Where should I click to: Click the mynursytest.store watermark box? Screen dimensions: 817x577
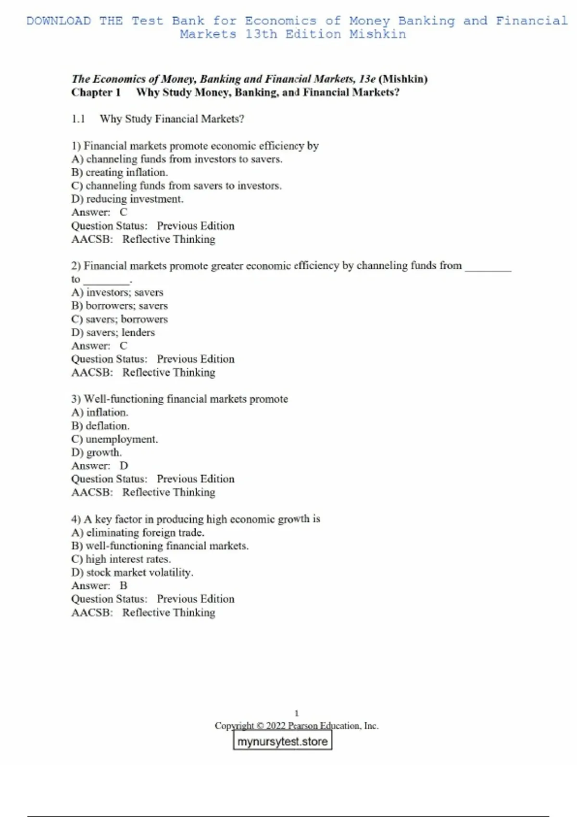pos(282,741)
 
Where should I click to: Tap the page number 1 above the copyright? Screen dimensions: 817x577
pos(296,713)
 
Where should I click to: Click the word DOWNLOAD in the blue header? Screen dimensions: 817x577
pos(59,21)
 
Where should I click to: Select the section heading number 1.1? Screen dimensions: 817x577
pos(78,119)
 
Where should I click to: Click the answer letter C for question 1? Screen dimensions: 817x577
pos(124,212)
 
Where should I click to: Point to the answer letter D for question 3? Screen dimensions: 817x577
pos(124,465)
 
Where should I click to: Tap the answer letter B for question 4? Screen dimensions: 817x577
pos(124,585)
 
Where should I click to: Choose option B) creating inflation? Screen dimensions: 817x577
pos(120,172)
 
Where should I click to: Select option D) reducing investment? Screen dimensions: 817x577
pos(127,199)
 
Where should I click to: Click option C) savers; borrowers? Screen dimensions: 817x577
pos(120,319)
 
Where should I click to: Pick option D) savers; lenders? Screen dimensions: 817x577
pos(113,332)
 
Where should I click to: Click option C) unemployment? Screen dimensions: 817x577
pos(114,439)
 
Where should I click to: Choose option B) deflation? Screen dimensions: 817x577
pos(100,426)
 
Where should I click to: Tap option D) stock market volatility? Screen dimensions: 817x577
pos(132,572)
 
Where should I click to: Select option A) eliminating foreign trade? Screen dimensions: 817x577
pos(138,532)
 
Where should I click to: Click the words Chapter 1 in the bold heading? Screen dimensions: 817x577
pos(96,92)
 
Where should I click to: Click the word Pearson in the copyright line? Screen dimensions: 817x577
pos(303,726)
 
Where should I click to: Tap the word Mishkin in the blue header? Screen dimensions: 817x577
pos(377,34)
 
